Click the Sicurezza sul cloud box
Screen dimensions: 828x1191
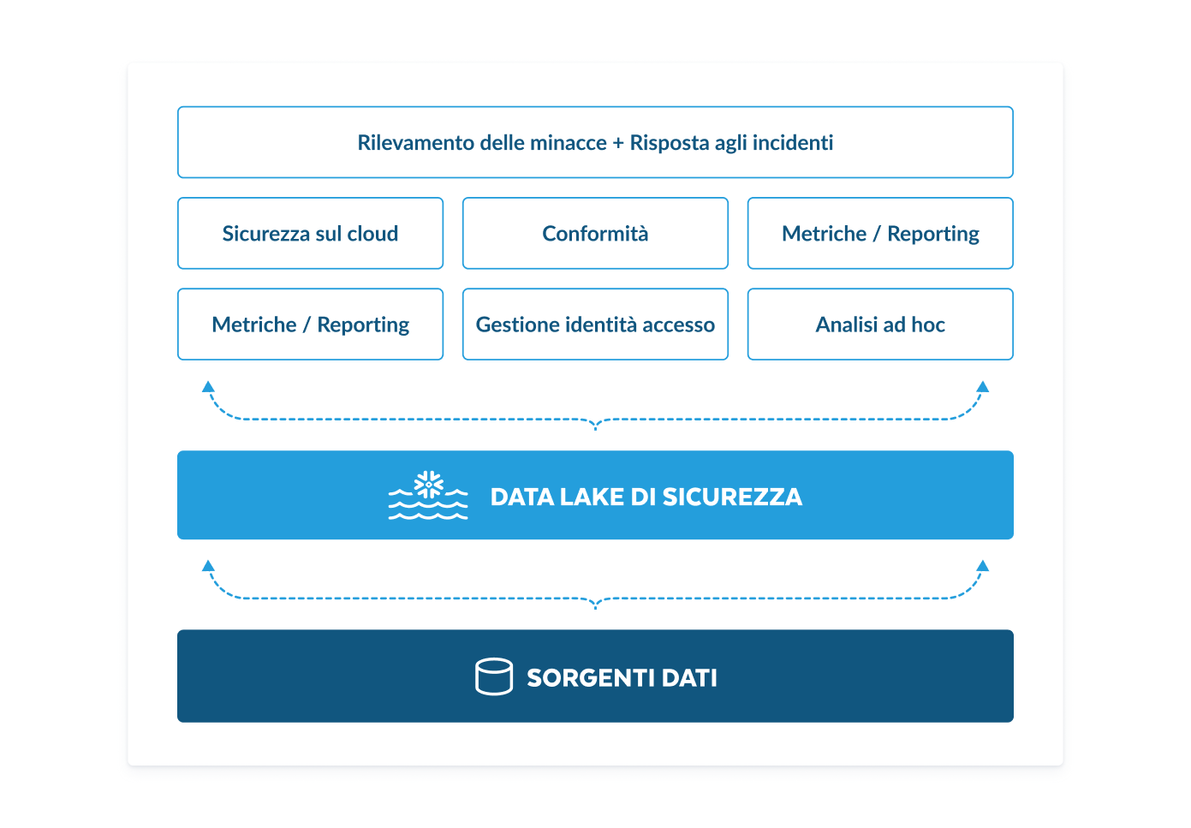point(310,234)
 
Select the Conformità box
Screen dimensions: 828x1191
point(595,234)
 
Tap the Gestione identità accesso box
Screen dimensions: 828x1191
point(595,325)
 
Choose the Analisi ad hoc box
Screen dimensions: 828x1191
point(880,325)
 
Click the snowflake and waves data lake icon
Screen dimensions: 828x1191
point(428,496)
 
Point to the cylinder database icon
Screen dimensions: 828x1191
point(494,676)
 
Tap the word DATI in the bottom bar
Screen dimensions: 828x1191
point(689,678)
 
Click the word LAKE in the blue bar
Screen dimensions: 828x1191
point(592,497)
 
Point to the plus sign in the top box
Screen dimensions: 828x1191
point(618,143)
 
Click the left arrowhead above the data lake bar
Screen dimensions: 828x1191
point(208,387)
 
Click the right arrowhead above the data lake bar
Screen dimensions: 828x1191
point(983,387)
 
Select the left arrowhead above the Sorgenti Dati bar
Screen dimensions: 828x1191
point(208,566)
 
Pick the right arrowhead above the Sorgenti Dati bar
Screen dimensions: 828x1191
point(983,566)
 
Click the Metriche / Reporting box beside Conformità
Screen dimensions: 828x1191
point(880,234)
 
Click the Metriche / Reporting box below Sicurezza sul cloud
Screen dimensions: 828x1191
point(310,325)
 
